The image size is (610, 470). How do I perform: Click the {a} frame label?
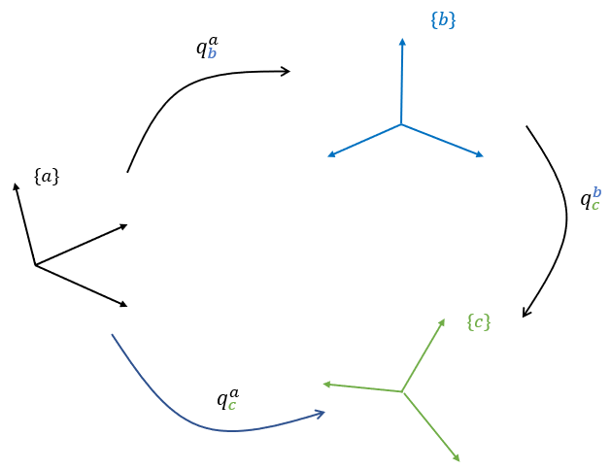(47, 177)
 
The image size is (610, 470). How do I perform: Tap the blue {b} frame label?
(443, 19)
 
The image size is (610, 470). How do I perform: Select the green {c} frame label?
(479, 322)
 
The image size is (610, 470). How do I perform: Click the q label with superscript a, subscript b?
(207, 48)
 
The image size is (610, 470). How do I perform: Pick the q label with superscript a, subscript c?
(227, 398)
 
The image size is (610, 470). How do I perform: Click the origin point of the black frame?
(35, 265)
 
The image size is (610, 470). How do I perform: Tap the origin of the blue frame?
(401, 124)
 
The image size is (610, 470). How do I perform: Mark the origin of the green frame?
(402, 391)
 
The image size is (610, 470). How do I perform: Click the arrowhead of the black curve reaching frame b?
(289, 71)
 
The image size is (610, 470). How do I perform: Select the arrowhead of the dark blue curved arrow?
(323, 413)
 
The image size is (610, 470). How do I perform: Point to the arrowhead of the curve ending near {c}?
(524, 317)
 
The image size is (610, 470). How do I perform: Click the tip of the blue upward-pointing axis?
(402, 38)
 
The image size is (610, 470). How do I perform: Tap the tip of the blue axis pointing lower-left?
(328, 156)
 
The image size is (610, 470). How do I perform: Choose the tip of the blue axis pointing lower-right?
(483, 156)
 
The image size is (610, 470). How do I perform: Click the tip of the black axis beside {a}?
(15, 183)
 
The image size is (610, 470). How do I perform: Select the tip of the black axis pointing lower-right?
(127, 306)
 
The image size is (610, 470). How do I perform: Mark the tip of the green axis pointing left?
(323, 384)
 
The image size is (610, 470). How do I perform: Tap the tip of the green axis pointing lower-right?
(458, 460)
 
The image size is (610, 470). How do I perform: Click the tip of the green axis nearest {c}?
(444, 319)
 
